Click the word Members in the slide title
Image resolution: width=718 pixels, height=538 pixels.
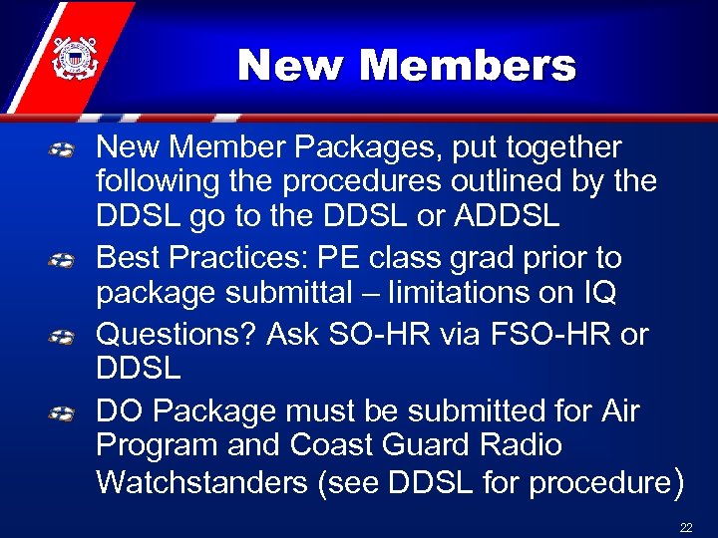pyautogui.click(x=468, y=66)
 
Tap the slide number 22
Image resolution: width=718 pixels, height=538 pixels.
pyautogui.click(x=685, y=527)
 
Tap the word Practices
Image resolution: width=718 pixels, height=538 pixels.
pyautogui.click(x=230, y=258)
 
